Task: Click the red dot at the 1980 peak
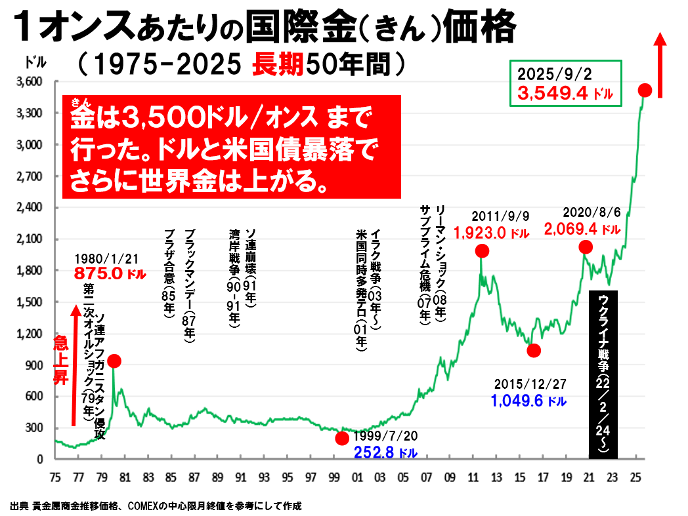(114, 361)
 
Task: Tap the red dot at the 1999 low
(342, 438)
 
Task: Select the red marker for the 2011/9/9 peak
(482, 250)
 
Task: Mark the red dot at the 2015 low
(534, 350)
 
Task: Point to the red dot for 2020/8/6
(586, 247)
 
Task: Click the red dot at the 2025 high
(645, 90)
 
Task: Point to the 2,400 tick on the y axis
(29, 208)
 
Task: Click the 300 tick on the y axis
(33, 428)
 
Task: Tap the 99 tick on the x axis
(335, 476)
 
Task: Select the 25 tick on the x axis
(635, 476)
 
